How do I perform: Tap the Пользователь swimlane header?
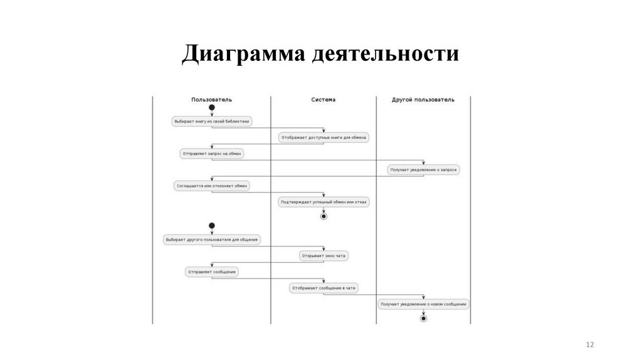211,100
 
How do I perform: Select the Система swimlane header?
324,100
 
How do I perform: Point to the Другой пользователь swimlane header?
423,100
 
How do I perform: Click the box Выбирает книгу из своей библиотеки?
212,121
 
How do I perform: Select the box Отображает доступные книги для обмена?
324,137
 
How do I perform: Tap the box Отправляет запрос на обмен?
212,153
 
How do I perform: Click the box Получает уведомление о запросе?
424,169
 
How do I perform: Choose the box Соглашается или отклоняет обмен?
212,186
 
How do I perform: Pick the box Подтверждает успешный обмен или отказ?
324,202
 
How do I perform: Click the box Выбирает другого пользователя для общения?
212,239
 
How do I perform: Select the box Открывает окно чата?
324,256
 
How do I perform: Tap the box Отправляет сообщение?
212,272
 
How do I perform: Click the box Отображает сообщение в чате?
324,288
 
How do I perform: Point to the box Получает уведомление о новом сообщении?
424,304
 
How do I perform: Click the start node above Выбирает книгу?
212,108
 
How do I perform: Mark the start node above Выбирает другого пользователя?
212,225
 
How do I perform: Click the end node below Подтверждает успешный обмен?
324,216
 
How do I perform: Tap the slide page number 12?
589,345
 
